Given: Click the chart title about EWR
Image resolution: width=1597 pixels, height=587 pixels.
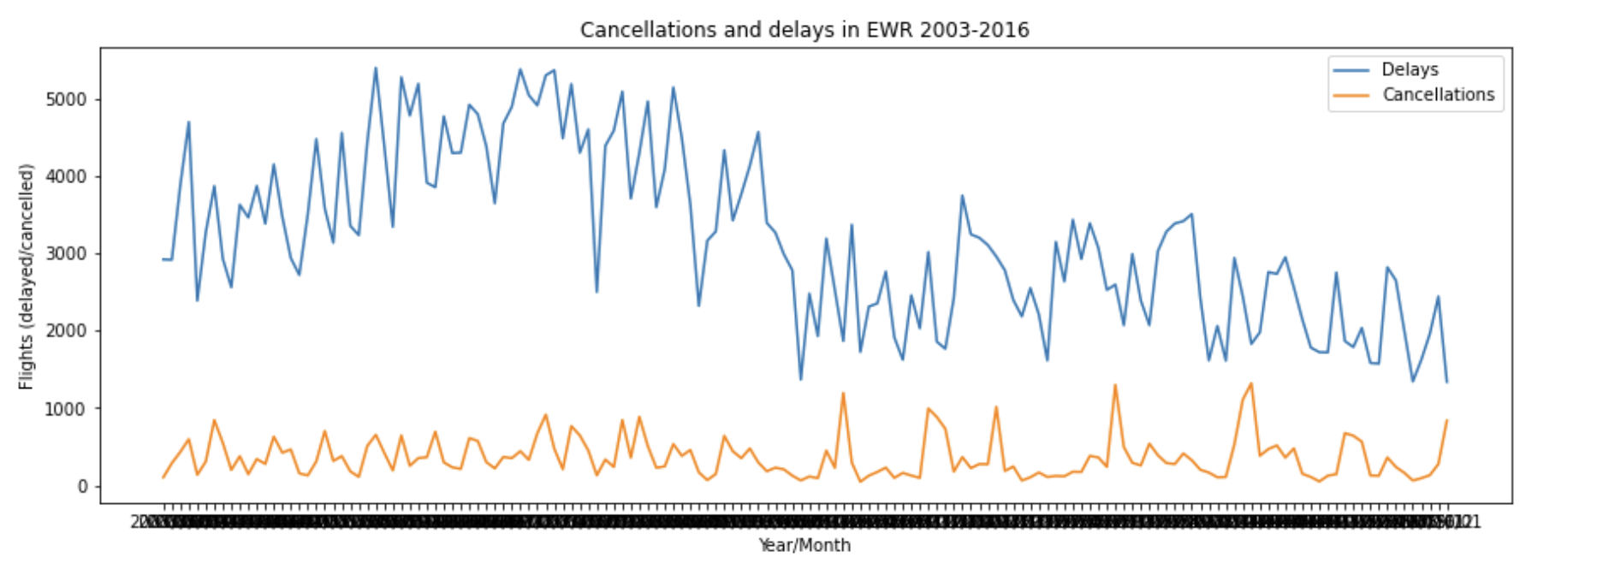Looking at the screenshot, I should point(804,30).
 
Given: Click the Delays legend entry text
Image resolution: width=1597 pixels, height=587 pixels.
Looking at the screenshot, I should point(1410,70).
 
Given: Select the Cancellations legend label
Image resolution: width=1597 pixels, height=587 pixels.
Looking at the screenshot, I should point(1438,95).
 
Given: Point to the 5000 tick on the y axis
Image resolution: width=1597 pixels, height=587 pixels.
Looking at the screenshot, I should point(66,99).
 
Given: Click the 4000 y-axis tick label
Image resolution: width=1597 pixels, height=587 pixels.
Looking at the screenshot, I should point(66,176).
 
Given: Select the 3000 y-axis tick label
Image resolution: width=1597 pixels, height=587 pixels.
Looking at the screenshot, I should point(66,254).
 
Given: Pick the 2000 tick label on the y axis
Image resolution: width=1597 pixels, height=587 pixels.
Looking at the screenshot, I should point(66,331).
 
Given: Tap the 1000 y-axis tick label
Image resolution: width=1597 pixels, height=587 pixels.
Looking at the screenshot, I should point(66,409).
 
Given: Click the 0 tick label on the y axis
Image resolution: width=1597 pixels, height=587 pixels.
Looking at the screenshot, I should point(83,486).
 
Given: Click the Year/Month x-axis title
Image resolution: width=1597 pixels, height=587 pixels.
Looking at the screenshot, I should point(804,546).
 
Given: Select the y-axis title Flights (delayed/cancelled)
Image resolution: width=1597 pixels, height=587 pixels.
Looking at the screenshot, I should point(27,276).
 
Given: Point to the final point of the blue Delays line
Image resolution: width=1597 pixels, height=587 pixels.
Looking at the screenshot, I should point(1447,382).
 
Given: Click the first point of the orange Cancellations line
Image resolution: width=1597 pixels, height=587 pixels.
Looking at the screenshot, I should point(163,477).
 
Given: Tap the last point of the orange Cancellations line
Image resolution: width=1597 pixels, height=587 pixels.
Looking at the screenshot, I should point(1447,420).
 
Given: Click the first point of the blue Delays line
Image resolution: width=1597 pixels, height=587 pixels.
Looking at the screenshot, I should point(163,259).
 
